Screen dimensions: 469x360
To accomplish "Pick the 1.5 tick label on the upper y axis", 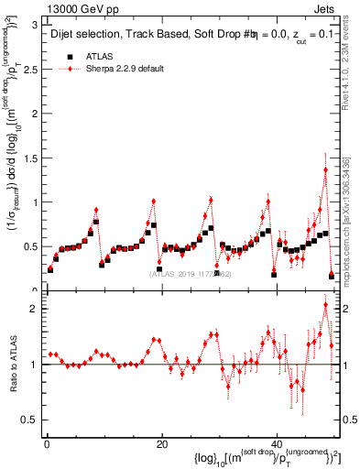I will pyautogui.click(x=31, y=158).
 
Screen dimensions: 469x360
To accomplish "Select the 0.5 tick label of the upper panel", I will pyautogui.click(x=31, y=246).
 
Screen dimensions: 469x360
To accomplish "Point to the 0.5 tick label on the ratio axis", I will pyautogui.click(x=31, y=420).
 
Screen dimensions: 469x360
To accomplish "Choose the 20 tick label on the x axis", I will pyautogui.click(x=161, y=445).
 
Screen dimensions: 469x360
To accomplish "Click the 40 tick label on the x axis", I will pyautogui.click(x=277, y=445).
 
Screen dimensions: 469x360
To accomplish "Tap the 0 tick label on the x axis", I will pyautogui.click(x=47, y=445).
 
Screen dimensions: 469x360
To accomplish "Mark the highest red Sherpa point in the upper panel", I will pyautogui.click(x=325, y=169).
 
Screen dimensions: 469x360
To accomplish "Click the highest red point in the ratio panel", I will pyautogui.click(x=325, y=305).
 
